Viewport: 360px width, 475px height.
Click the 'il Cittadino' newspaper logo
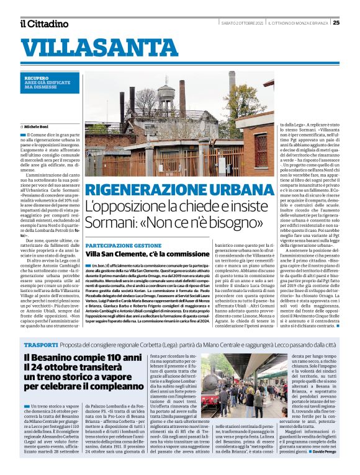(44, 24)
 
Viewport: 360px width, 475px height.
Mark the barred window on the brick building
(260, 149)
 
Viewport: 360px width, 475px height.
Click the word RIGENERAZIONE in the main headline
(143, 190)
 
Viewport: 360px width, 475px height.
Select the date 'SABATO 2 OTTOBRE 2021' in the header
(242, 23)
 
